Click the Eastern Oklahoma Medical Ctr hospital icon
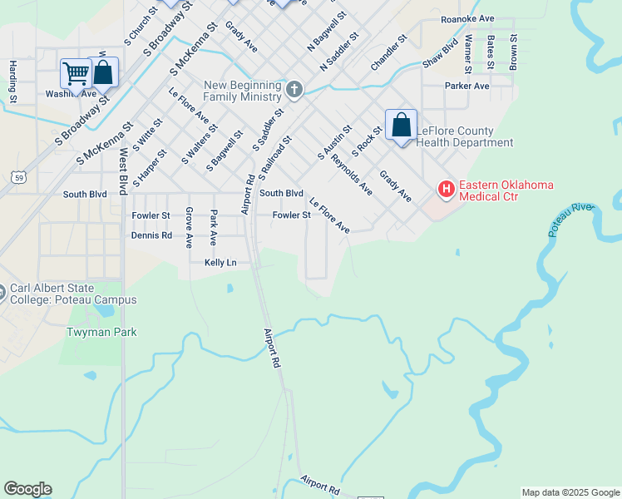447,190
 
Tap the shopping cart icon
76,73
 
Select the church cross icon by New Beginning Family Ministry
294,88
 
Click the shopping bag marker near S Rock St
401,126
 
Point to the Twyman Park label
101,332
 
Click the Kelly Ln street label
220,263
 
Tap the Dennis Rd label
151,235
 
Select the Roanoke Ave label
467,18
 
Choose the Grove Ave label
190,227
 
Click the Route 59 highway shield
18,175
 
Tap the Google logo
27,489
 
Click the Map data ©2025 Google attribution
570,492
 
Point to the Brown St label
514,51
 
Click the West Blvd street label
122,171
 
